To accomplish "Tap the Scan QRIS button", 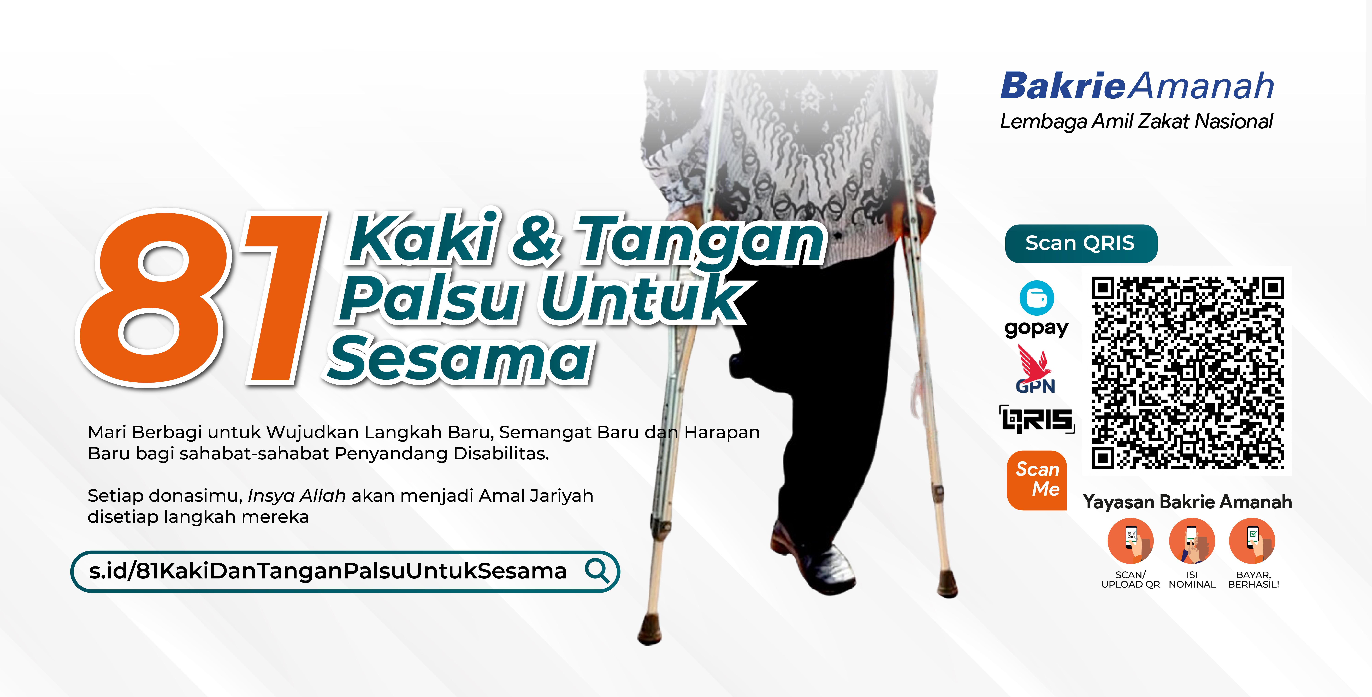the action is (x=1081, y=244).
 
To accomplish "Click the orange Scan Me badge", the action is (x=1037, y=480).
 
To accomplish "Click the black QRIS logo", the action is (x=1036, y=420).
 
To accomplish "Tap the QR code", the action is (x=1187, y=372).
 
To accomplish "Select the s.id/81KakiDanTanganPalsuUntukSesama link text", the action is (x=328, y=571).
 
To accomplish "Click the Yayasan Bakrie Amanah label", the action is (x=1187, y=502).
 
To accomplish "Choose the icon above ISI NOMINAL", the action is (x=1192, y=541).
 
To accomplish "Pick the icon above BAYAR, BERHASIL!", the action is (x=1252, y=541).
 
